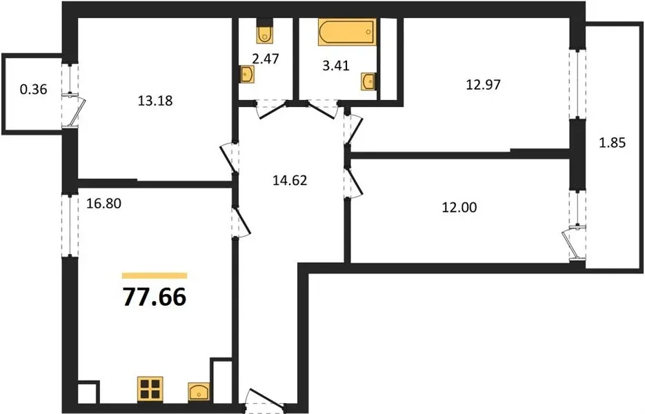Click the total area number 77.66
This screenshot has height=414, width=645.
155,297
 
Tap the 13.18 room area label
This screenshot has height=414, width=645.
155,101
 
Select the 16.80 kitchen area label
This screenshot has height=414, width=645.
103,203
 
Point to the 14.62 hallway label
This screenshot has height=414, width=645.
290,180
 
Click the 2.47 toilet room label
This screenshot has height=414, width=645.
266,59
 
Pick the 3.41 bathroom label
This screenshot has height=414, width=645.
336,66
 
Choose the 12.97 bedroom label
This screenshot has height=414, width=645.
484,84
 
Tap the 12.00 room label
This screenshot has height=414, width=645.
459,207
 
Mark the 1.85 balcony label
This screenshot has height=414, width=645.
613,143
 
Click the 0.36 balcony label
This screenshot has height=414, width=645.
34,89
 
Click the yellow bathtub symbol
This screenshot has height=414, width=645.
347,32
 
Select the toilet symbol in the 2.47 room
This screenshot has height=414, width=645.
264,32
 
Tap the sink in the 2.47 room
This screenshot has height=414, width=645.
247,75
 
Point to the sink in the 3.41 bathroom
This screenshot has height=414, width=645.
368,81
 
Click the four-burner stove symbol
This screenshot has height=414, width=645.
150,389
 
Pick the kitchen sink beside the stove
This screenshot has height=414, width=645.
198,392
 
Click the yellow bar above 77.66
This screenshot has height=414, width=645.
155,276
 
